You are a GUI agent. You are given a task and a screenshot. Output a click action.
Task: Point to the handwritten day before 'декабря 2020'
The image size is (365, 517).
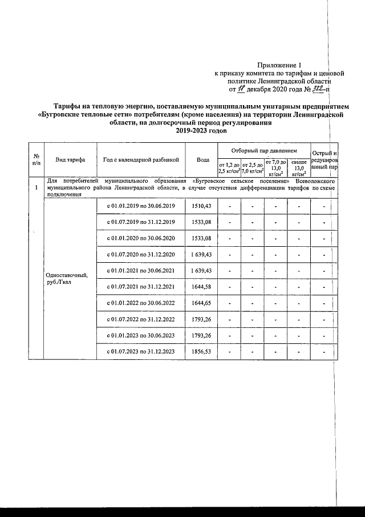[x=241, y=89]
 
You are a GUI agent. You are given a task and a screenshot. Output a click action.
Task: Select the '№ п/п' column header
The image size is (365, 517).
[x=36, y=160]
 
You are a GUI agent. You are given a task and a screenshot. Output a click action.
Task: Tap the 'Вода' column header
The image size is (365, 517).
[x=202, y=160]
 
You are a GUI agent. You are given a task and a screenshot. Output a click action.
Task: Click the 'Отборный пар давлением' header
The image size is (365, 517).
[x=263, y=150]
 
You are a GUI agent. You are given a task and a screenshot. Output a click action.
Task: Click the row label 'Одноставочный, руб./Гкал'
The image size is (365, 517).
[x=66, y=278]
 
